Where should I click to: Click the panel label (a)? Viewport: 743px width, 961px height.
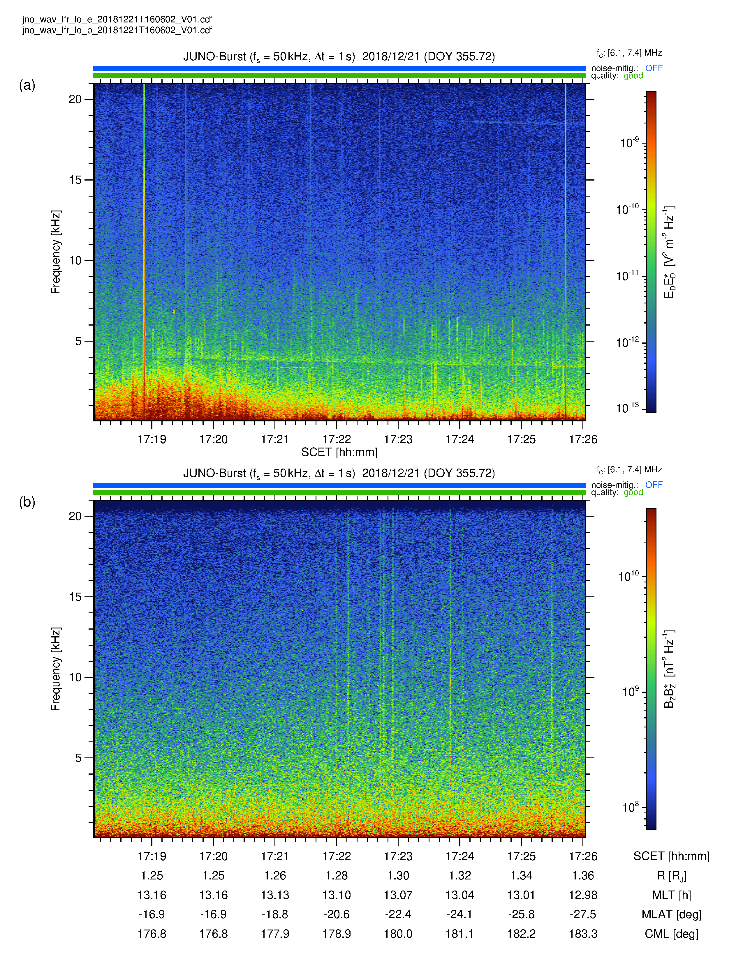[27, 85]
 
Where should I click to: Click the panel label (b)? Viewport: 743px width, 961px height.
[27, 502]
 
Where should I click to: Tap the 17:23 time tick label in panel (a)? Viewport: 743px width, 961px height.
[398, 439]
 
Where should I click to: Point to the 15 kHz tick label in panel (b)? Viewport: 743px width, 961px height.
[75, 597]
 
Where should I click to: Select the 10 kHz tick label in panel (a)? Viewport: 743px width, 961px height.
[75, 261]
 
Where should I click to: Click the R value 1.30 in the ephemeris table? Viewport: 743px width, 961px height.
[398, 876]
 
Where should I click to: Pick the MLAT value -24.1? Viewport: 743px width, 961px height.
[459, 914]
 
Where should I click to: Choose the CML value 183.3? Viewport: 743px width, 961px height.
[583, 934]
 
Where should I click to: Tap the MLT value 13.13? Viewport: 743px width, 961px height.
[275, 895]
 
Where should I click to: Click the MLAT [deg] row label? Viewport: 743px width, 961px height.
[671, 914]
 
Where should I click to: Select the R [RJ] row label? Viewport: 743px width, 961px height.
[671, 876]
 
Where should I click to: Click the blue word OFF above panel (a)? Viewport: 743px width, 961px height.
[654, 68]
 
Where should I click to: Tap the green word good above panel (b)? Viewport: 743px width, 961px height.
[633, 492]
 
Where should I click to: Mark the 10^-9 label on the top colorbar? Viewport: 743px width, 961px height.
[629, 143]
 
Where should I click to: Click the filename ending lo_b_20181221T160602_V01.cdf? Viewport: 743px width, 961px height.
[117, 30]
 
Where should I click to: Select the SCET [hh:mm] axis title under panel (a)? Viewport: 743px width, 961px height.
[339, 452]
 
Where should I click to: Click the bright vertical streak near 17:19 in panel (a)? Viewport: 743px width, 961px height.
[144, 251]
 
